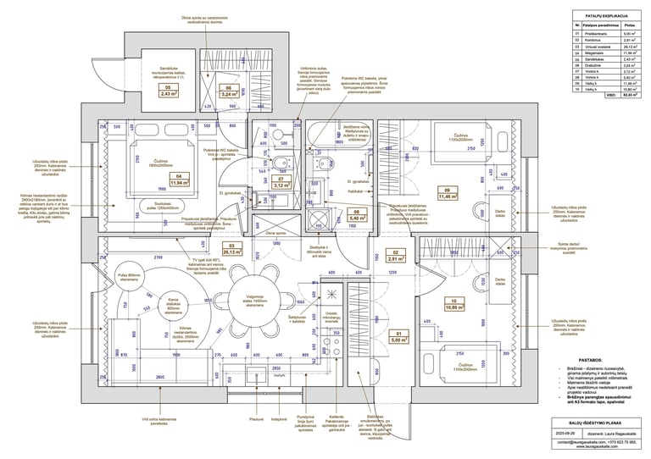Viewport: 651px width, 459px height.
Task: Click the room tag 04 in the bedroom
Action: (180, 180)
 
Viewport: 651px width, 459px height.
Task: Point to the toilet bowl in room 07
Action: (280, 163)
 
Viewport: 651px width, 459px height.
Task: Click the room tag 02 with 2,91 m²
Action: (392, 257)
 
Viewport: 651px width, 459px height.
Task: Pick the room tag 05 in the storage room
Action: (168, 91)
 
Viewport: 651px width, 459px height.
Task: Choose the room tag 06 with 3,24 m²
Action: (227, 91)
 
